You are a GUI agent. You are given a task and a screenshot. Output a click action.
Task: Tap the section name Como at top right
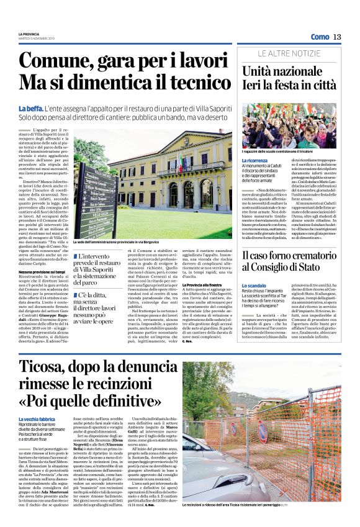320,37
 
